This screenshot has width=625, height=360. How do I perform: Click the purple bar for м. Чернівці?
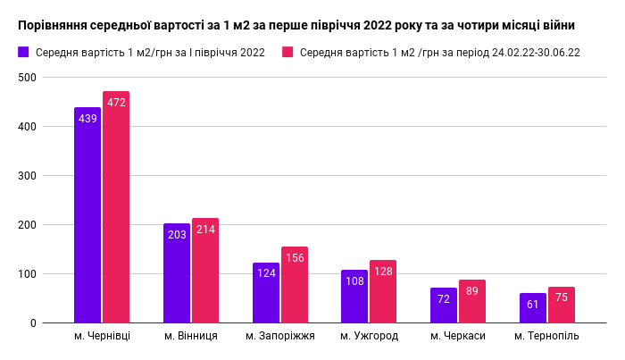click(x=87, y=214)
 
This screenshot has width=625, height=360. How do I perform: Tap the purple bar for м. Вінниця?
click(x=177, y=272)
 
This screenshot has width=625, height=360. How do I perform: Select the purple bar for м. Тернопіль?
click(x=533, y=307)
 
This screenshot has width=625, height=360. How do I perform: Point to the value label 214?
click(x=205, y=230)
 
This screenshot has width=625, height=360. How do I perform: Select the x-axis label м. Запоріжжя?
click(x=280, y=336)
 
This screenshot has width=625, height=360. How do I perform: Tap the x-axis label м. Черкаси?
click(x=458, y=336)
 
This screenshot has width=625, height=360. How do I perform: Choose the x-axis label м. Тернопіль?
click(x=547, y=336)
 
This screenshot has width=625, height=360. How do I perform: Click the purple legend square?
click(x=23, y=52)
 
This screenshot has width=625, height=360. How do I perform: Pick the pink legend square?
click(x=287, y=52)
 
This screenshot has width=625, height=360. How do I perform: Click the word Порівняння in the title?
click(x=58, y=24)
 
